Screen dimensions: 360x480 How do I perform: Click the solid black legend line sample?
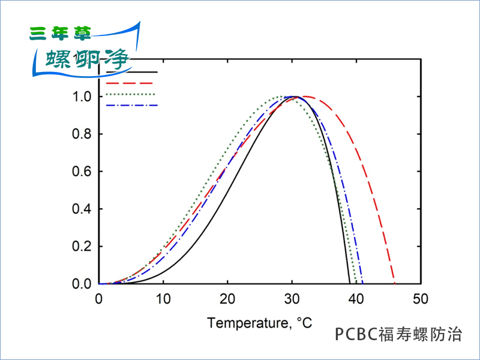pos(131,72)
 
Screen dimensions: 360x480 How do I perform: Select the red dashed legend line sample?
pos(131,83)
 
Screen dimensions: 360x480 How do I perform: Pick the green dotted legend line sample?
pos(131,94)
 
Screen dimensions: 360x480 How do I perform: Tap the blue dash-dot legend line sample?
pos(131,106)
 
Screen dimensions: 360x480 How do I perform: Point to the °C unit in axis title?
pos(304,323)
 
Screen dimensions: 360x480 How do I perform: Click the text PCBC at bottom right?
pos(356,334)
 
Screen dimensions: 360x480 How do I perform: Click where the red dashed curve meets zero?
pos(394,283)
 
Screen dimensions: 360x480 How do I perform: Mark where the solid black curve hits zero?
pos(350,283)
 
